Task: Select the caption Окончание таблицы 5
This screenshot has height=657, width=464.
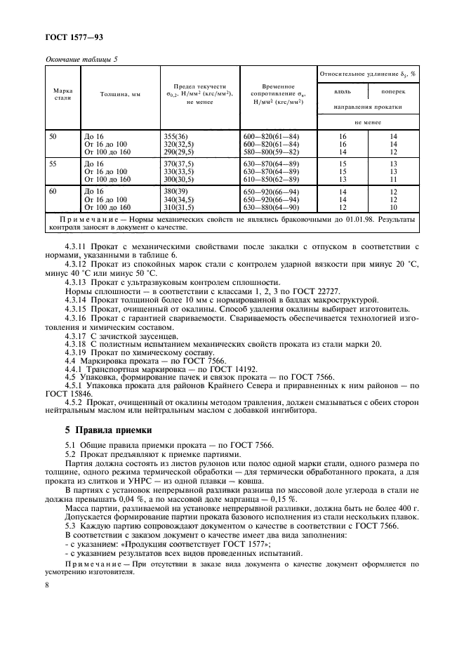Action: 81,59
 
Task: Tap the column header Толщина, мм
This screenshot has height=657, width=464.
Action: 120,95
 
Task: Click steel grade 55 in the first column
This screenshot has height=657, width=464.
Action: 53,162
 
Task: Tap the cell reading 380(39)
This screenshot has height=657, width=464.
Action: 179,191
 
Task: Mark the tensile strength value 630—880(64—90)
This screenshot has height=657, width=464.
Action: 271,208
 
